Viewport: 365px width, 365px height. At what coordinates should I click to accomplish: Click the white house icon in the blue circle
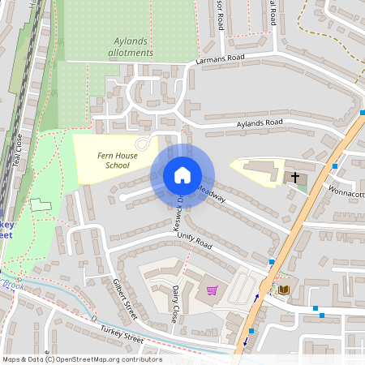182,175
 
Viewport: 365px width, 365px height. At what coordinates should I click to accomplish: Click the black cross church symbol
295,176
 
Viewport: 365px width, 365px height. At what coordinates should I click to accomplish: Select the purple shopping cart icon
212,290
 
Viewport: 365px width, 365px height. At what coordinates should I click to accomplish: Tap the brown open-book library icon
284,290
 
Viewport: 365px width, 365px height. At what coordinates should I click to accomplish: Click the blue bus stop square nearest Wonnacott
334,166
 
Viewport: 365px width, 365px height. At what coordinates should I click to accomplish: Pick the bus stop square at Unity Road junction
271,262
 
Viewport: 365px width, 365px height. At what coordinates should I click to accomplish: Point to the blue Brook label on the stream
12,285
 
